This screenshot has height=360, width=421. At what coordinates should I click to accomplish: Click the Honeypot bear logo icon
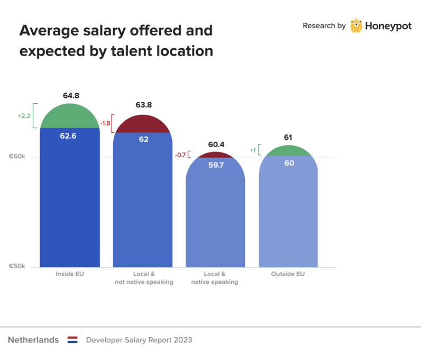356,25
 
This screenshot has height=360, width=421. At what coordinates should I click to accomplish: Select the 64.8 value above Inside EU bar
70,96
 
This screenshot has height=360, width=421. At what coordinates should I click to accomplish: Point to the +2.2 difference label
24,115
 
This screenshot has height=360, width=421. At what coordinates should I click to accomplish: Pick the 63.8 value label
143,105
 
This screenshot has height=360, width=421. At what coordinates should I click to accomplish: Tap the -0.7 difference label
180,155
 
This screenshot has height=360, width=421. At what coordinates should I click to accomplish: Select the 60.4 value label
216,144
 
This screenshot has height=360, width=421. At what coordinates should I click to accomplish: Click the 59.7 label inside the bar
216,165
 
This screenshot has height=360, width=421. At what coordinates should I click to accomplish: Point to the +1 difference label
253,150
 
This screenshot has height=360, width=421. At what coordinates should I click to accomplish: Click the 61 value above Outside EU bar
288,138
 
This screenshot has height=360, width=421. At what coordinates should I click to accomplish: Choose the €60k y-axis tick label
17,157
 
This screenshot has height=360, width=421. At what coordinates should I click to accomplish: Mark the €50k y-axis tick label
17,266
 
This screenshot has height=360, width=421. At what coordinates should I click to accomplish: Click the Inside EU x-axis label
70,274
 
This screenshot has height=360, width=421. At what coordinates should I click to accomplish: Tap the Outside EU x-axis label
288,274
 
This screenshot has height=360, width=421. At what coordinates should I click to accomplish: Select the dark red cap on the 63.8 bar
143,125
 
